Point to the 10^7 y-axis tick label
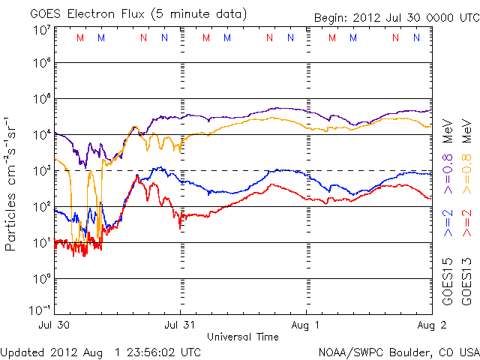(40, 30)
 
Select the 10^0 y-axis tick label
(40, 278)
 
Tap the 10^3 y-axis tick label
(40, 171)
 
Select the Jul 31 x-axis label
(180, 326)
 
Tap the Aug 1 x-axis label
(306, 326)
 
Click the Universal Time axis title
(242, 337)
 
